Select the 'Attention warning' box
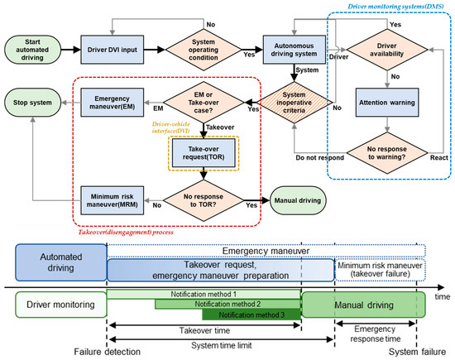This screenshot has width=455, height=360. coord(386,103)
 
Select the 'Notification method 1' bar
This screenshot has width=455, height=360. coord(203,294)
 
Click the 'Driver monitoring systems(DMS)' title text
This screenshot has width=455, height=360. coord(390,7)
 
